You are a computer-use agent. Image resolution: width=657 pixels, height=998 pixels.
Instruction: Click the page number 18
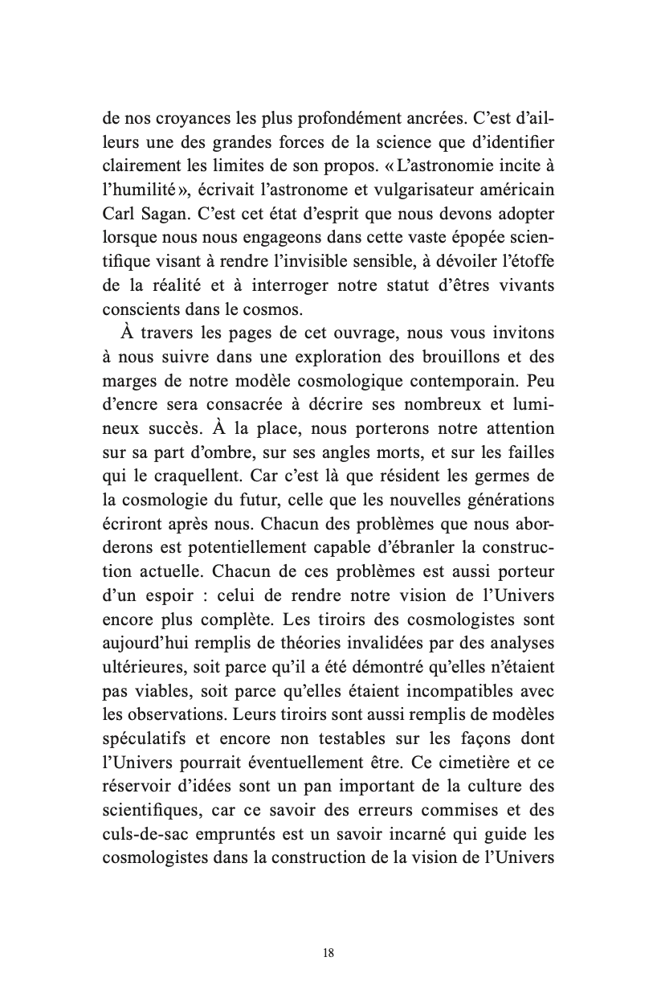328,953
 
